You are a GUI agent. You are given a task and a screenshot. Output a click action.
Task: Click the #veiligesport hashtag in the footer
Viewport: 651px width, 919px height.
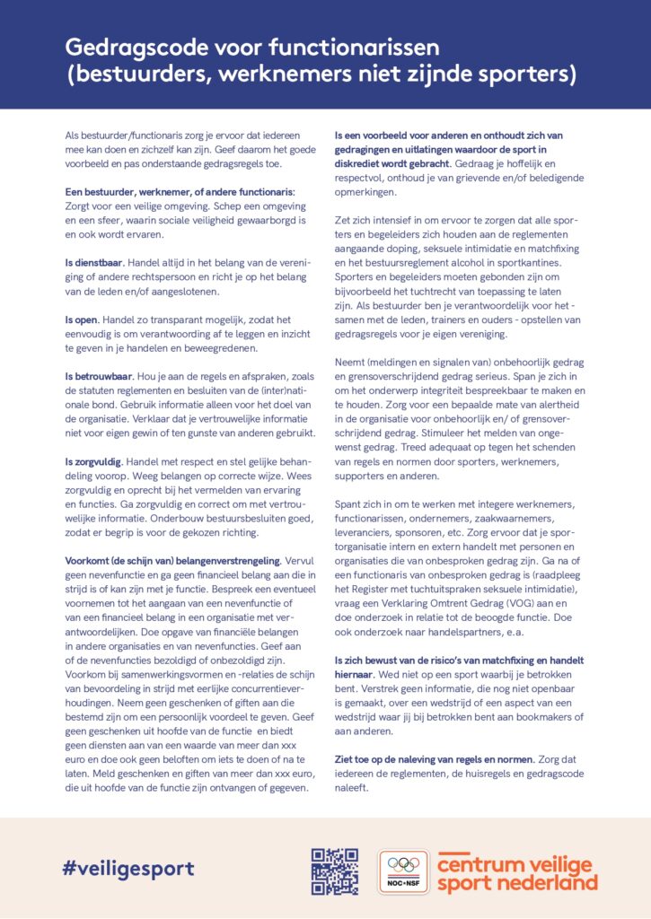(128, 868)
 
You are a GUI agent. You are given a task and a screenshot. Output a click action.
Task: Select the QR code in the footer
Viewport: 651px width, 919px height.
(335, 871)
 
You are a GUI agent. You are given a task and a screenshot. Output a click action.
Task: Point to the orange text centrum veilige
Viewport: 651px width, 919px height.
(515, 863)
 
